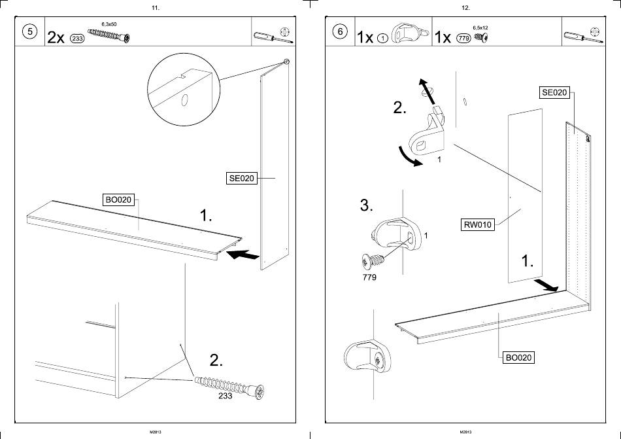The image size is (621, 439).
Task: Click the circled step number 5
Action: click(x=29, y=33)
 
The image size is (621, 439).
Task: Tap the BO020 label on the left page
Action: click(x=118, y=200)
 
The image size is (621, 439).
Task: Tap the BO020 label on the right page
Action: click(x=518, y=357)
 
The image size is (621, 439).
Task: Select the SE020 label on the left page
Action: click(x=241, y=178)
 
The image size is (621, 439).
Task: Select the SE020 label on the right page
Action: click(x=554, y=92)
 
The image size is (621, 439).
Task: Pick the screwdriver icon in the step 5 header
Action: click(x=265, y=37)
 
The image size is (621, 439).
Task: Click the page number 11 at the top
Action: click(x=155, y=8)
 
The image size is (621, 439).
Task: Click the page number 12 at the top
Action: click(x=465, y=8)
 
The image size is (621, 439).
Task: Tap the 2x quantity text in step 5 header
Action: click(x=56, y=37)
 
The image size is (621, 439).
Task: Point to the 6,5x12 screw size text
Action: click(x=480, y=27)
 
